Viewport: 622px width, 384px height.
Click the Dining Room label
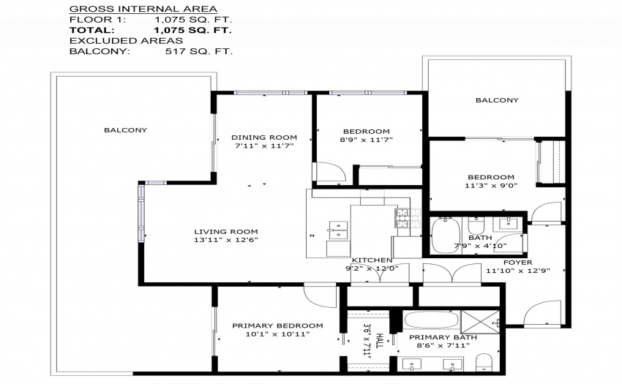(x=264, y=138)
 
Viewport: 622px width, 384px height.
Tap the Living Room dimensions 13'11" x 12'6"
(x=226, y=240)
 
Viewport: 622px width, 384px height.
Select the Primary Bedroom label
(x=277, y=325)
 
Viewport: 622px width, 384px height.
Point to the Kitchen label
(x=372, y=260)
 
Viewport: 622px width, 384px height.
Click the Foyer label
(x=518, y=262)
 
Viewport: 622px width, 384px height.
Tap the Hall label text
(x=379, y=340)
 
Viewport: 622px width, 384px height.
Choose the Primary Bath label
(x=443, y=337)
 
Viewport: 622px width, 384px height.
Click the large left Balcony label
(x=125, y=129)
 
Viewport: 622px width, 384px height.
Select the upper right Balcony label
(x=497, y=100)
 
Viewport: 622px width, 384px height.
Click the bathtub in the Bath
(x=446, y=236)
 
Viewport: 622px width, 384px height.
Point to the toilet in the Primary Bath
(x=484, y=363)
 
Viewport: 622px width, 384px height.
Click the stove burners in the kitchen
(x=408, y=218)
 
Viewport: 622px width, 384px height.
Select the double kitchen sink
(x=338, y=230)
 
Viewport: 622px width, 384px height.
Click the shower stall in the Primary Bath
(x=480, y=322)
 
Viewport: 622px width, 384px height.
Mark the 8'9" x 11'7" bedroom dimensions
(x=366, y=140)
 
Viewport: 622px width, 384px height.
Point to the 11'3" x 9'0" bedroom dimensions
(x=491, y=185)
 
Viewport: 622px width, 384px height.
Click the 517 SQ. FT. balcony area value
(x=199, y=51)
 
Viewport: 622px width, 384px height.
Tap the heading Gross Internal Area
(x=143, y=9)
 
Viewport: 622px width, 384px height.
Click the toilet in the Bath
(x=476, y=225)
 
